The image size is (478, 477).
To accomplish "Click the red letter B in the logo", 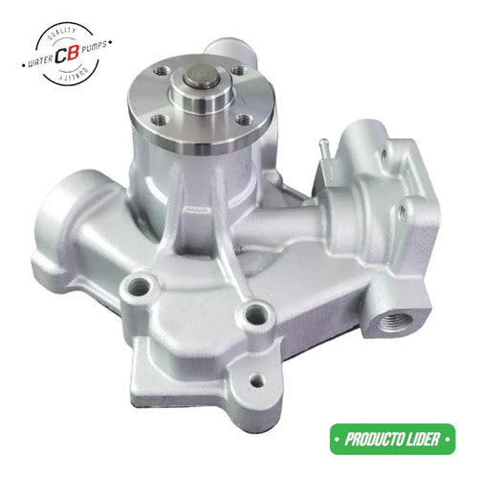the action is (73, 54).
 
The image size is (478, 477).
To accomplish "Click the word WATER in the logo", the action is (40, 60).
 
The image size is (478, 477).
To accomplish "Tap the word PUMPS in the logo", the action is (94, 48).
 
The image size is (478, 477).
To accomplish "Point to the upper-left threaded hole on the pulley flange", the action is (160, 71).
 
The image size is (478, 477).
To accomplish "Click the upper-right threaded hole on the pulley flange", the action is (238, 71).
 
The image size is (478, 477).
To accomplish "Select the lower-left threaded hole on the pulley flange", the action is (160, 120).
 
